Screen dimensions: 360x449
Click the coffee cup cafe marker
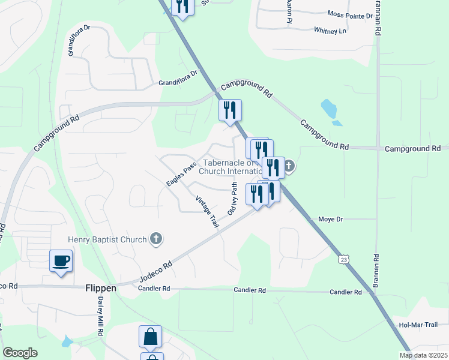[61, 261]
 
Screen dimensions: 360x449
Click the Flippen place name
[100, 288]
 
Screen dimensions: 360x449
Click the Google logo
[20, 353]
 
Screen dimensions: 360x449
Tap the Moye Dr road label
[330, 220]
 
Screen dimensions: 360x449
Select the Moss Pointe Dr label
[350, 14]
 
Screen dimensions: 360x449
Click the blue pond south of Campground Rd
[328, 109]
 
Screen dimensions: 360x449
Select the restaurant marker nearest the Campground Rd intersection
[229, 110]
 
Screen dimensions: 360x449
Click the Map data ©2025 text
[423, 355]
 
